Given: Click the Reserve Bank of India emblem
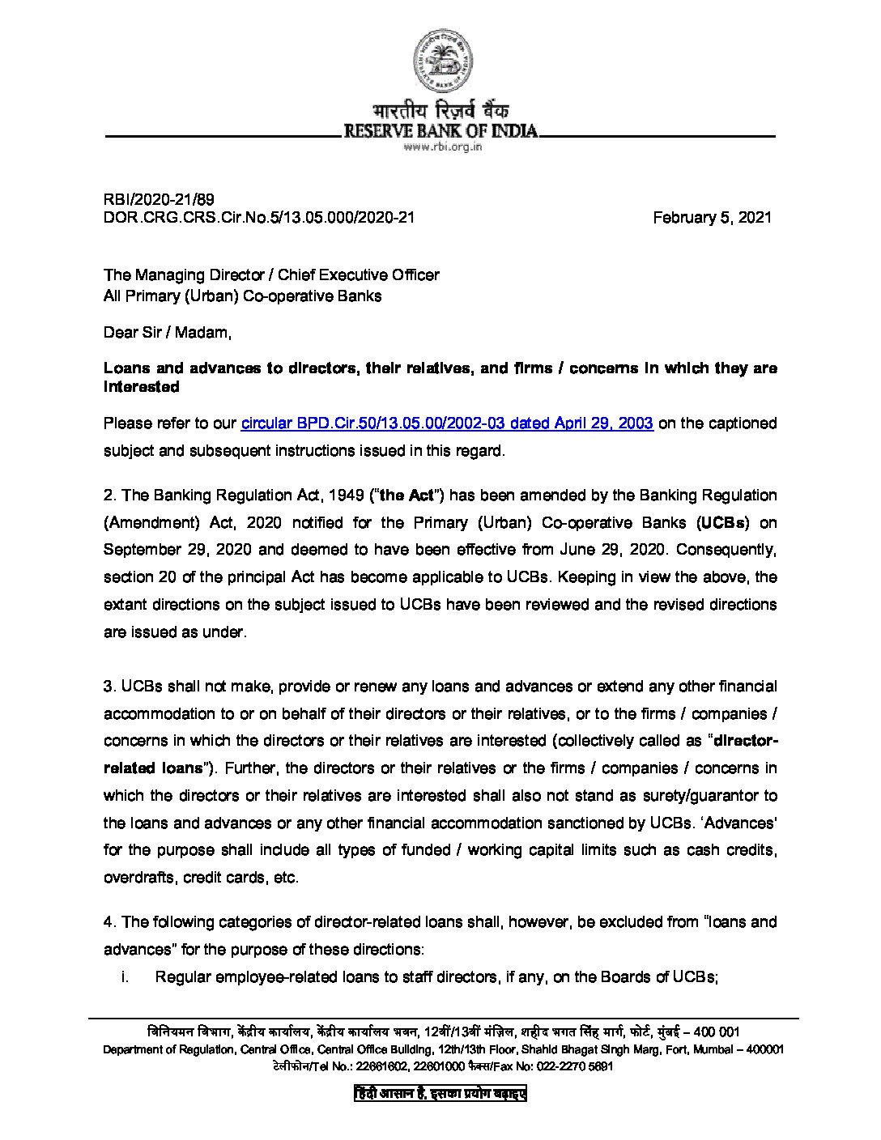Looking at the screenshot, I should coord(442,61).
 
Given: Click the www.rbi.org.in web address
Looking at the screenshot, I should coord(442,147).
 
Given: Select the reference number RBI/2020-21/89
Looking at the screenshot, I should coord(159,199).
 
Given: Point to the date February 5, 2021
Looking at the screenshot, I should coord(712,217).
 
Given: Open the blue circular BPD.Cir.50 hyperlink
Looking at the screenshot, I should coord(447,423).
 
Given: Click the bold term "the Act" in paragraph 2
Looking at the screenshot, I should coord(406,495).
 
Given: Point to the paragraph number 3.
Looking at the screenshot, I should coord(109,686).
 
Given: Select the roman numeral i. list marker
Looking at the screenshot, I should coord(125,976).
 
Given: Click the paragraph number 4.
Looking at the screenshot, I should coord(109,921).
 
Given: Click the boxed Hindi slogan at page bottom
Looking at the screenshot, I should coord(440,1093).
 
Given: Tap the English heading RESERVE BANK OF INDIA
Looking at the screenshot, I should coord(440,130).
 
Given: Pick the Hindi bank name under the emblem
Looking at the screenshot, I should coord(440,111).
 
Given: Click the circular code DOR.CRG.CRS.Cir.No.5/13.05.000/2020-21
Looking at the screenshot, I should coord(259,217).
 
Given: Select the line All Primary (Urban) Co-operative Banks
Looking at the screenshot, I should coord(242,296).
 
